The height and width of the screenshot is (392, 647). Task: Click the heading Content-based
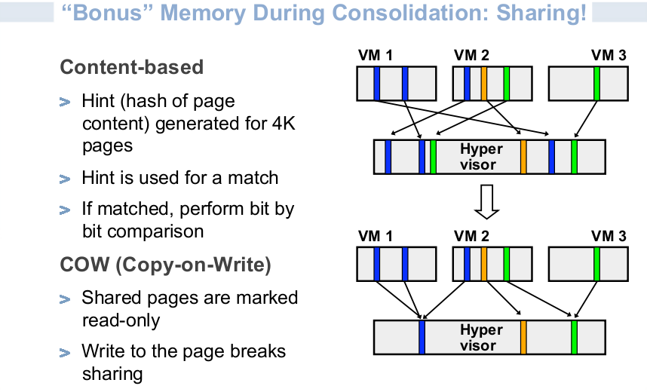pyautogui.click(x=132, y=67)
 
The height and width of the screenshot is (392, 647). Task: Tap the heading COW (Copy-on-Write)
pyautogui.click(x=165, y=265)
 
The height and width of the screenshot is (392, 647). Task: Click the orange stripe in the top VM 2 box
pyautogui.click(x=484, y=84)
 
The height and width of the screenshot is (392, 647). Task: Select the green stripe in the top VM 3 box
pyautogui.click(x=596, y=84)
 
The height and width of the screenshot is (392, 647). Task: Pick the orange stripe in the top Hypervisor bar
pyautogui.click(x=523, y=157)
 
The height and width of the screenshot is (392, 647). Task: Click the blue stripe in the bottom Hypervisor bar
pyautogui.click(x=422, y=337)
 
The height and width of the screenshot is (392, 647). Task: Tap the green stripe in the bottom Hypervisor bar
pyautogui.click(x=574, y=337)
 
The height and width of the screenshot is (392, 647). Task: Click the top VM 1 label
pyautogui.click(x=375, y=55)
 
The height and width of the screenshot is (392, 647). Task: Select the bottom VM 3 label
pyautogui.click(x=609, y=236)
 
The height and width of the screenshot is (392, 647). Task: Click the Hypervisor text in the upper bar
pyautogui.click(x=480, y=157)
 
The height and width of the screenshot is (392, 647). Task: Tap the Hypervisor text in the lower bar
pyautogui.click(x=480, y=338)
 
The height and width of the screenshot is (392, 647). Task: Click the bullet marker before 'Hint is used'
pyautogui.click(x=65, y=179)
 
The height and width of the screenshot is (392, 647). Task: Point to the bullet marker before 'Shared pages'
pyautogui.click(x=65, y=299)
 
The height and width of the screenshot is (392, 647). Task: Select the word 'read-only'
pyautogui.click(x=121, y=320)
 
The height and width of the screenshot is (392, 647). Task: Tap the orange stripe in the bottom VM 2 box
pyautogui.click(x=484, y=264)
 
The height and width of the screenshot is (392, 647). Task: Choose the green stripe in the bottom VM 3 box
pyautogui.click(x=596, y=264)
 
